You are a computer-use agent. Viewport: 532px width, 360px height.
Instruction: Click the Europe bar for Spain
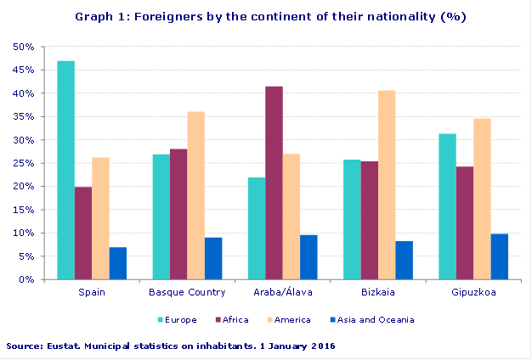[x=65, y=170]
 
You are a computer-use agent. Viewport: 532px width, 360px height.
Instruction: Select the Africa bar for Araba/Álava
[x=274, y=183]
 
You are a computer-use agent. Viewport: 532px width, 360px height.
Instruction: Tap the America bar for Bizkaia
[x=386, y=184]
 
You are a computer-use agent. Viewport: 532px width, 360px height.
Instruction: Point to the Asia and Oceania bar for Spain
[x=117, y=263]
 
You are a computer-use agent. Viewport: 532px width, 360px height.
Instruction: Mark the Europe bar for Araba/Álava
[x=256, y=228]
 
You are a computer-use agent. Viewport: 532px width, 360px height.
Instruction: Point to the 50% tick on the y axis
[x=24, y=47]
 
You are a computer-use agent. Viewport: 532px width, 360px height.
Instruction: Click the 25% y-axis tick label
[x=24, y=163]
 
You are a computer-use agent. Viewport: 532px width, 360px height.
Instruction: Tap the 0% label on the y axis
[x=26, y=279]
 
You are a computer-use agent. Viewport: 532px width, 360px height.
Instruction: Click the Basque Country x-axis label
[x=187, y=293]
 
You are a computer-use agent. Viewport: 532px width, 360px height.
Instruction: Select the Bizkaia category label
[x=377, y=293]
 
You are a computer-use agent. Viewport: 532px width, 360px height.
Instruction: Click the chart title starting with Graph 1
[x=270, y=16]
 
